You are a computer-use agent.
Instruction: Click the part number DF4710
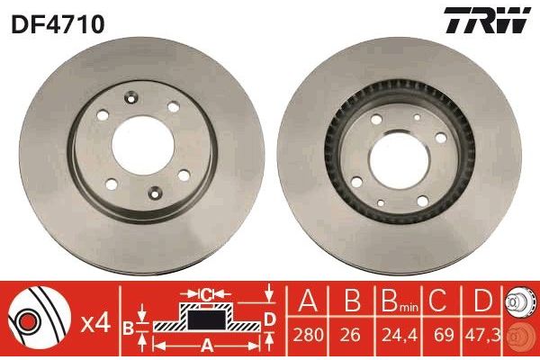tap(58, 23)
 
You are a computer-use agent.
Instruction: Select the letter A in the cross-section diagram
tap(205, 345)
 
